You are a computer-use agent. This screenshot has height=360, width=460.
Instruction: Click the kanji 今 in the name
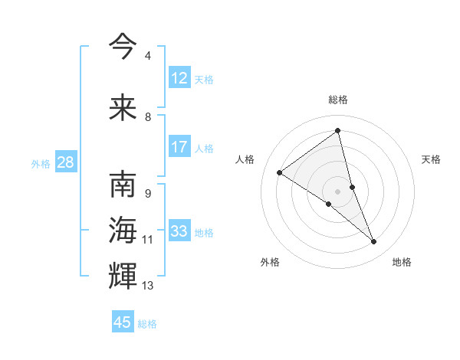[x=123, y=46]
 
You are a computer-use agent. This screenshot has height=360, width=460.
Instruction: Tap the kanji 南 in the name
[x=123, y=185]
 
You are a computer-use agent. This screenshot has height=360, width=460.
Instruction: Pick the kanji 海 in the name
[x=123, y=230]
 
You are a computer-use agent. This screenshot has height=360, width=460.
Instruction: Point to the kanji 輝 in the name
[x=123, y=274]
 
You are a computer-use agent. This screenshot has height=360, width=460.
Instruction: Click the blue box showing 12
[x=179, y=77]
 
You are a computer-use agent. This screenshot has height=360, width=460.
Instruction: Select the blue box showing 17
[x=179, y=147]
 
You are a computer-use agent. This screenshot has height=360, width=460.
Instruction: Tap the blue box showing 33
[x=179, y=231]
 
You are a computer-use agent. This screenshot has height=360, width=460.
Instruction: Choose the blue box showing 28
[x=65, y=162]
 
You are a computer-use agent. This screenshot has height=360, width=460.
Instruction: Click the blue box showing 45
[x=123, y=322]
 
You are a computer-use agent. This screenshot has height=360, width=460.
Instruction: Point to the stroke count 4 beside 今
[x=147, y=56]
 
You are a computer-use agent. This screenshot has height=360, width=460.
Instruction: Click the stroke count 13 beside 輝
[x=147, y=286]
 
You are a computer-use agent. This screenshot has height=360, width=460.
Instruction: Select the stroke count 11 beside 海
[x=147, y=240]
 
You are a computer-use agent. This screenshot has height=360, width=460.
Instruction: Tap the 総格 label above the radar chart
[x=338, y=100]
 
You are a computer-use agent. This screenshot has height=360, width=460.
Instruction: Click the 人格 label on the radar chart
[x=245, y=159]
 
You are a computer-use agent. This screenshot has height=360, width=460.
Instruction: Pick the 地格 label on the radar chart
[x=402, y=262]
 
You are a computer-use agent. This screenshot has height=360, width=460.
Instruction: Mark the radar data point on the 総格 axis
[x=338, y=131]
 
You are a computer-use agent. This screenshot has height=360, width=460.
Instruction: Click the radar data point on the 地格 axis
[x=374, y=242]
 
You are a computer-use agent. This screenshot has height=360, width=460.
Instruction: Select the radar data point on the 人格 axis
[x=280, y=172]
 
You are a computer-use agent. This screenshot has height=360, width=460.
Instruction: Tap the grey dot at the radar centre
[x=338, y=191]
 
